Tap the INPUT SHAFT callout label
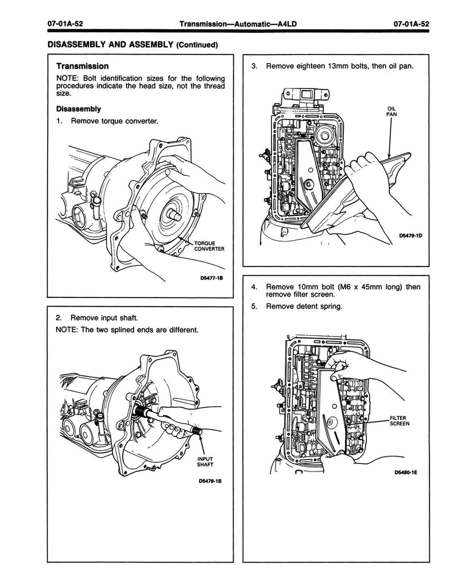click(205, 461)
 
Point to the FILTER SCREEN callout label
click(398, 421)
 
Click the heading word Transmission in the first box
click(83, 67)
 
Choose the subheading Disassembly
click(78, 109)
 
